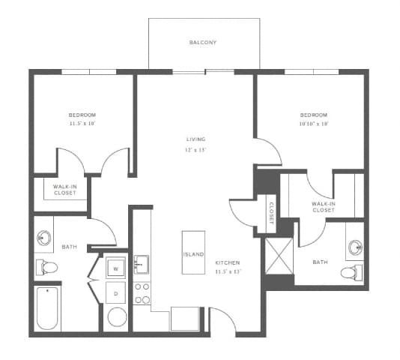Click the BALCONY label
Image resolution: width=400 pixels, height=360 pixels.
tap(202, 43)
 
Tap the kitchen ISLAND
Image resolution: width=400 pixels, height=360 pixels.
tap(193, 253)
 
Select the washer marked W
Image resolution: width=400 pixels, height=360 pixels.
tap(116, 267)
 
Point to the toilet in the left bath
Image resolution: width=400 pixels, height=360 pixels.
tap(47, 267)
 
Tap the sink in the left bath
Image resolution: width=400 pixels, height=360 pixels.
tap(43, 238)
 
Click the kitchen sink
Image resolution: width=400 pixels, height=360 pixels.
tap(142, 264)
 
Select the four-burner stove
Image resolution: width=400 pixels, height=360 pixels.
tap(142, 292)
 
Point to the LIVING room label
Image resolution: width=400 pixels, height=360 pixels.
tap(196, 139)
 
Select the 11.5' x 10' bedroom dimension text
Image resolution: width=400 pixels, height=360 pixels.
tap(83, 123)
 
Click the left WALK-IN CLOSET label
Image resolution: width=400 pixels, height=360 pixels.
tap(64, 189)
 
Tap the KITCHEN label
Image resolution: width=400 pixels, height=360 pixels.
tap(227, 262)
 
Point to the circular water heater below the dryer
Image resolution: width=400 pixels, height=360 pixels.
tap(117, 316)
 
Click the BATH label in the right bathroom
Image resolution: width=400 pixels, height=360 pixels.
tap(320, 262)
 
